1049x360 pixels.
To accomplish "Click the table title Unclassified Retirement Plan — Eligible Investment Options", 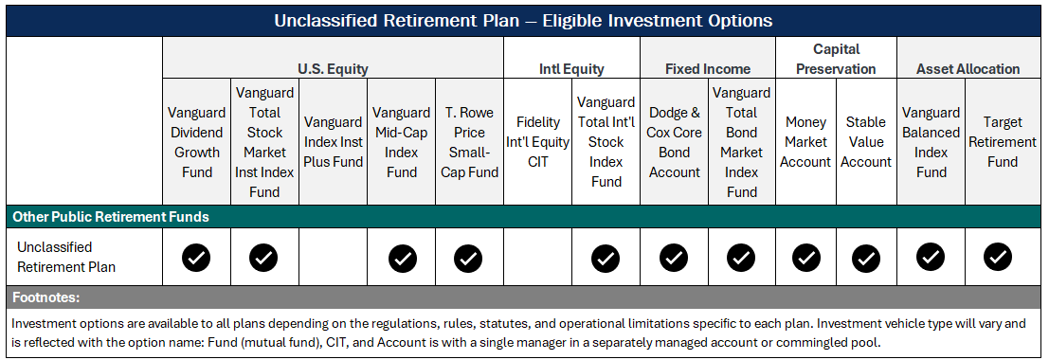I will pos(523,20).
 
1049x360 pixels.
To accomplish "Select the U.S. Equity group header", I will pos(333,68).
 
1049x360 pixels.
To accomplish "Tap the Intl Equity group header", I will pos(571,68).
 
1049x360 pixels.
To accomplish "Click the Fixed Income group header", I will pos(707,68).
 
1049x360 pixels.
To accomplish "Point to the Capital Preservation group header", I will pos(836,59).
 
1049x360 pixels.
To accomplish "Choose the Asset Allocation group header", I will pos(968,68).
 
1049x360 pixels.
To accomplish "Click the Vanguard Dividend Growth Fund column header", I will pos(196,142).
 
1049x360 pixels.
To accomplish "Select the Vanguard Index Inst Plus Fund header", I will pos(333,142).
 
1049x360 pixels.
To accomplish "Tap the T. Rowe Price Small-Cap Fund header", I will pos(468,142).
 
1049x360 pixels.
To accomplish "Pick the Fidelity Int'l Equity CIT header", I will pos(537,142).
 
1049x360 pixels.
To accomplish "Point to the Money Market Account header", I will pos(805,142).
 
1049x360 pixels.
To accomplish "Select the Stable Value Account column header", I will pos(866,142).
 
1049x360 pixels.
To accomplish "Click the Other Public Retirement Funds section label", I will pos(111,217).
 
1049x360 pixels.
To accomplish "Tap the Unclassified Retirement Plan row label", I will pos(66,257).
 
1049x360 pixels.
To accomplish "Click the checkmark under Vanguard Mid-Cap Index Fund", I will pos(402,257).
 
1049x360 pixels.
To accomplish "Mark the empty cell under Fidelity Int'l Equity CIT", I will pos(537,257).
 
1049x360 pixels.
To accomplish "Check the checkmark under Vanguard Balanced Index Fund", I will pos(931,257).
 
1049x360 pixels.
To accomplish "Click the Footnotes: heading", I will pos(45,297).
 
